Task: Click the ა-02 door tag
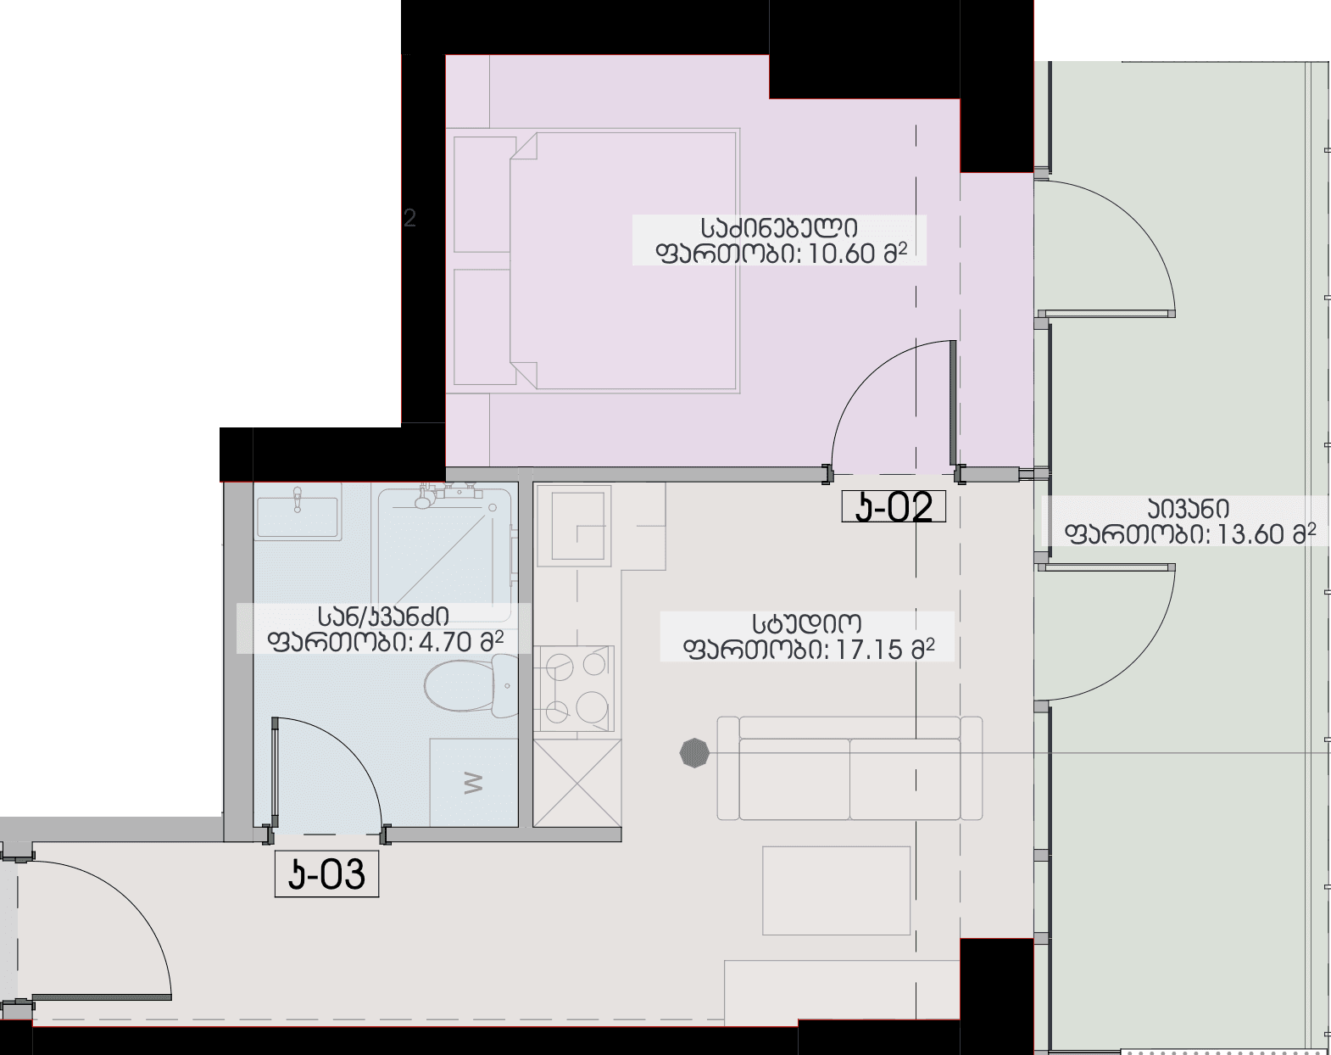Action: click(x=894, y=507)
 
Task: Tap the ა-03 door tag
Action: click(x=326, y=874)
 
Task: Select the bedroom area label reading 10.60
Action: click(x=779, y=241)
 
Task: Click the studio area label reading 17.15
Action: click(x=807, y=637)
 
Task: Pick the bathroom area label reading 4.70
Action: click(x=383, y=628)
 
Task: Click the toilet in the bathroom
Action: click(x=471, y=687)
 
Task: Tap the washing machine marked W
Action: click(x=474, y=783)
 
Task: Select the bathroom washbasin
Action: click(x=298, y=511)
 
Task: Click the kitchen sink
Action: click(x=574, y=526)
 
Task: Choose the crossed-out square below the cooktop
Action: click(x=577, y=783)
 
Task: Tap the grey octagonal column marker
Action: click(x=694, y=753)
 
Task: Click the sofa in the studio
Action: click(x=849, y=768)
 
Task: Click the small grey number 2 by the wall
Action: click(x=409, y=218)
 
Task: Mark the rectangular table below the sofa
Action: click(x=836, y=890)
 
